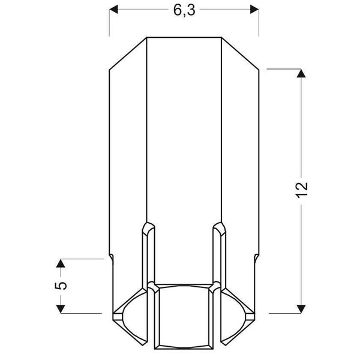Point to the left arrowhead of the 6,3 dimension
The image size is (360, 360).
click(114, 10)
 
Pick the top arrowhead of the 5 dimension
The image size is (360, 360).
click(61, 263)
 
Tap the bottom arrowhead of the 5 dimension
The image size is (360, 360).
click(61, 308)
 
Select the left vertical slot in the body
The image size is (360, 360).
click(148, 258)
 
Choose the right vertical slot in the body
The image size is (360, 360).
click(220, 258)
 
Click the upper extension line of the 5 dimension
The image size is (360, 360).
click(84, 259)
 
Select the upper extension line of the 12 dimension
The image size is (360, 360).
click(282, 69)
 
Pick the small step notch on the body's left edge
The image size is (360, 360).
click(112, 257)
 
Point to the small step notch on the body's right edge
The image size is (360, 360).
click(256, 257)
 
